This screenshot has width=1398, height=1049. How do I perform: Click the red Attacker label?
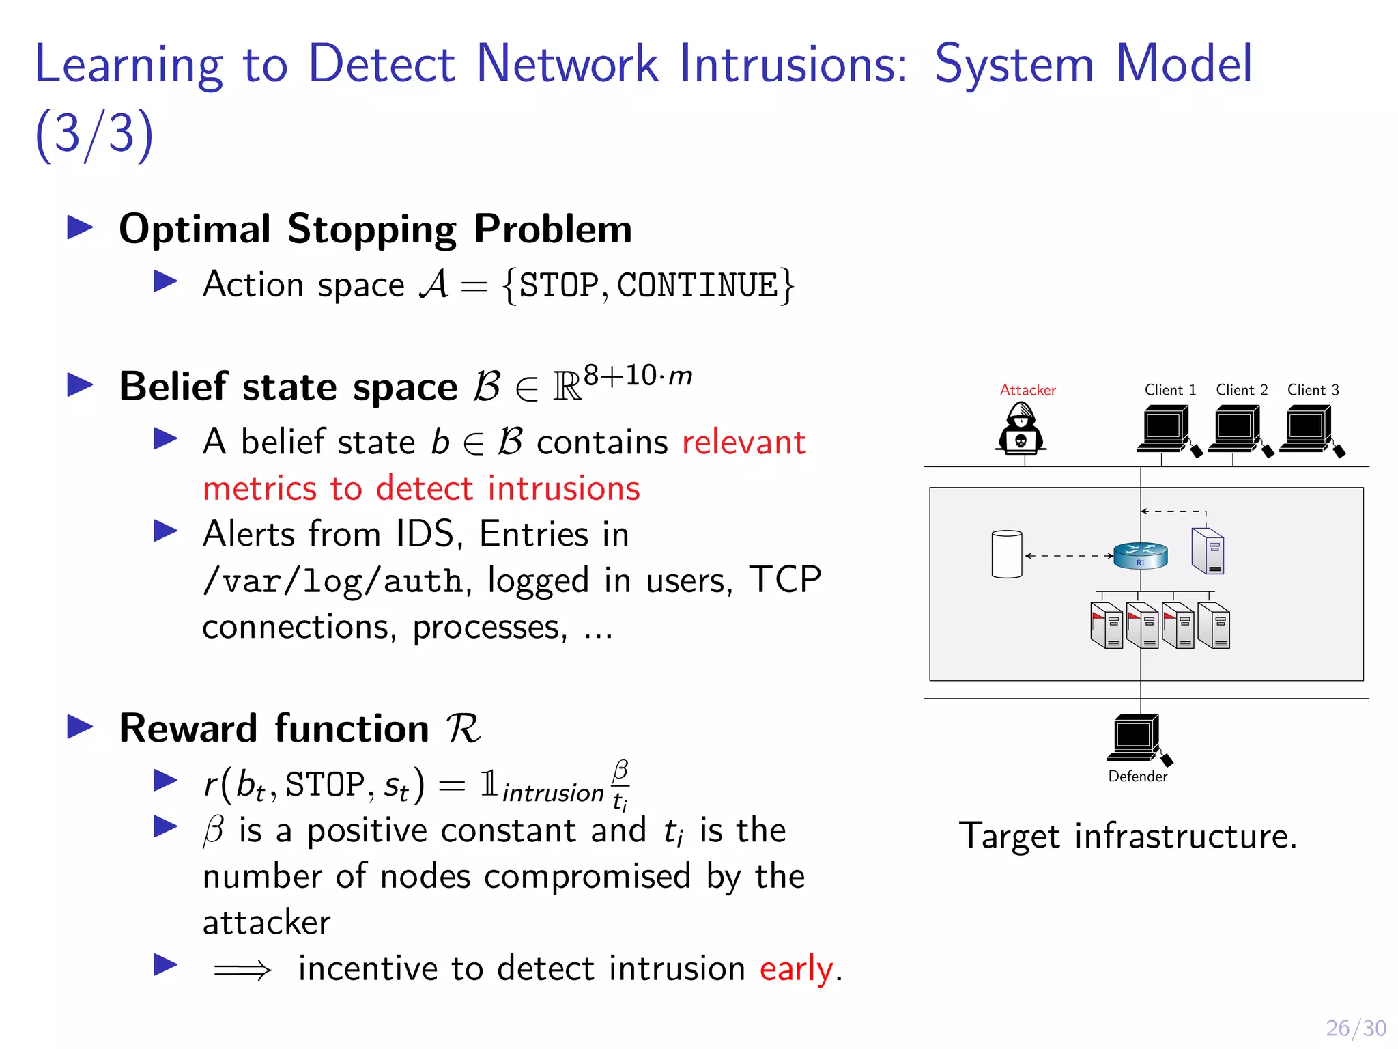tap(1027, 390)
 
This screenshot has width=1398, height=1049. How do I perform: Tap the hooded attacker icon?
tap(1021, 429)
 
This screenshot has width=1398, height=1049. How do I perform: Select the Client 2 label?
tap(1242, 390)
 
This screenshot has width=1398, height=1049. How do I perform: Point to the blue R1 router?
tap(1140, 555)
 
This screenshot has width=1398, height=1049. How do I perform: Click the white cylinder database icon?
tap(1007, 554)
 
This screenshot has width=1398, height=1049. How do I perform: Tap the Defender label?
tap(1137, 777)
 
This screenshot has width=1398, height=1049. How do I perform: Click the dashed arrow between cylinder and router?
tap(1068, 556)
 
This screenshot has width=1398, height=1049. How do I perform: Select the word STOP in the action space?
tap(558, 285)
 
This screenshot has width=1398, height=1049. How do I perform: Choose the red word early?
tap(797, 968)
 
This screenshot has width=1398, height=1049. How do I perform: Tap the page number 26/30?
tap(1356, 1028)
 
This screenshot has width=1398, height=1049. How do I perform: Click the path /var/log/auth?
tap(333, 581)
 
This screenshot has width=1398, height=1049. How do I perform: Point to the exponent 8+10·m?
tap(638, 376)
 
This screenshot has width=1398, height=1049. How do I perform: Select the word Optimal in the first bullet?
tap(195, 229)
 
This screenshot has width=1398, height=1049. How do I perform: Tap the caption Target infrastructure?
tap(1128, 836)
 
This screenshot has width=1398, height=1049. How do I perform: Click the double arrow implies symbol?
tap(242, 970)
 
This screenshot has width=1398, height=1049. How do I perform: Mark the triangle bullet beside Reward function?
tap(81, 727)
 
